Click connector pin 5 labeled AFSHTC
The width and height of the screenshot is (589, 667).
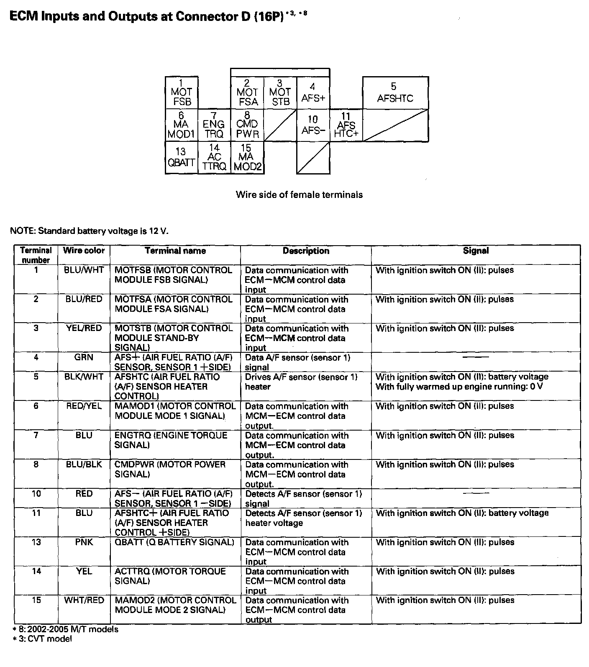pos(395,93)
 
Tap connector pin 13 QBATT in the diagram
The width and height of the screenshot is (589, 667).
pos(181,157)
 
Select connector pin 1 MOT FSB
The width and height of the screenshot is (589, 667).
pos(182,92)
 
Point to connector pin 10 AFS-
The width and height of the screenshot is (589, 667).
pos(313,125)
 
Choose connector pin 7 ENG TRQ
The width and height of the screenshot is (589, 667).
pos(214,125)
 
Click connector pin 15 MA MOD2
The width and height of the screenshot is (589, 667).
pos(247,157)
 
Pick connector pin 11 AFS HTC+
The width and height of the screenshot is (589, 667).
pos(346,125)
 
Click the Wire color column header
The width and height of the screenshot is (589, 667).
pos(84,251)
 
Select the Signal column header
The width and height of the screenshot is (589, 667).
pos(476,251)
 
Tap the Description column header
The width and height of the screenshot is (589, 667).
pos(306,251)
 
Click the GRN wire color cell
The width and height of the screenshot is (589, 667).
pos(84,357)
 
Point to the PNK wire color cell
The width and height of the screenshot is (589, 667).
pos(84,542)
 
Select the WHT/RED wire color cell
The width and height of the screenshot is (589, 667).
pos(84,600)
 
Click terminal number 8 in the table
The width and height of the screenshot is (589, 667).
pos(36,464)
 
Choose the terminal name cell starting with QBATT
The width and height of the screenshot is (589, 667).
pos(174,542)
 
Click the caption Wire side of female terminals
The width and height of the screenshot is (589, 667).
pos(299,195)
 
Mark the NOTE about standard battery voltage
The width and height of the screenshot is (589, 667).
pos(90,231)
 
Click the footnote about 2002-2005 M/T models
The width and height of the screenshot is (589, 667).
pos(65,629)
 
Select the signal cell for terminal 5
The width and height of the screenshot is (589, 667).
pos(461,382)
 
